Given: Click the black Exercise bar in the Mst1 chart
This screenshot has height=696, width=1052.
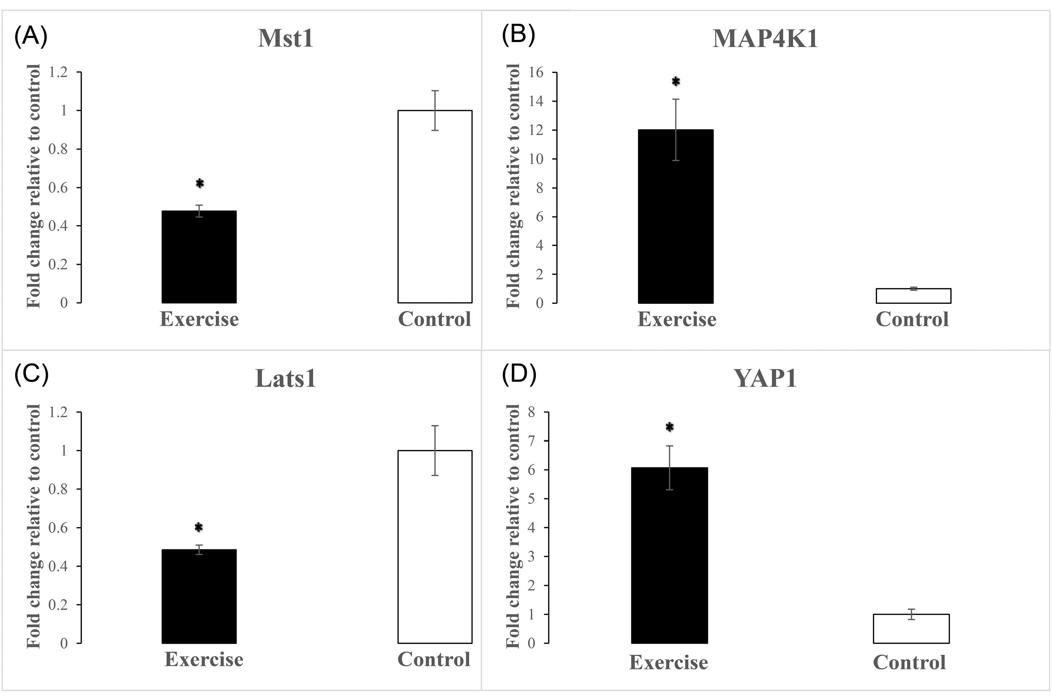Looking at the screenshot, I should click(x=199, y=257).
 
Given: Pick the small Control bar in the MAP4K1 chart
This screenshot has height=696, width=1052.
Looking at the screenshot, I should click(x=913, y=296).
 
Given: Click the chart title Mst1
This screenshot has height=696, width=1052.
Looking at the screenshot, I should click(x=286, y=39).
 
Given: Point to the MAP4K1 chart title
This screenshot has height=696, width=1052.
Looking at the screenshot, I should click(x=765, y=39).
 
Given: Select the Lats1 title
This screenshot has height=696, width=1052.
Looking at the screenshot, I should click(x=286, y=379).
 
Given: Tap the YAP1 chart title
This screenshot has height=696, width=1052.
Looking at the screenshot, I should click(x=765, y=379).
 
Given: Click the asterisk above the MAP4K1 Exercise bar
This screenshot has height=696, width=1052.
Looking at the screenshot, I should click(x=676, y=82).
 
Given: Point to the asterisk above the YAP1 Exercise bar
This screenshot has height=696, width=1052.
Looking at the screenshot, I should click(x=670, y=428).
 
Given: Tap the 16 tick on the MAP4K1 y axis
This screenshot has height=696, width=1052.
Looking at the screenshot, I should click(x=537, y=72).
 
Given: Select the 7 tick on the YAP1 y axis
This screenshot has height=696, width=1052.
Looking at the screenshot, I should click(x=532, y=441).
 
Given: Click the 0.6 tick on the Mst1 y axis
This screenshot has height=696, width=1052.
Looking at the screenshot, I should click(x=58, y=187).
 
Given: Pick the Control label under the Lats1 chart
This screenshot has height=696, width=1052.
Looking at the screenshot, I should click(x=434, y=659).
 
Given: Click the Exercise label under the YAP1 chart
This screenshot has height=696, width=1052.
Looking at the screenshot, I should click(x=668, y=662).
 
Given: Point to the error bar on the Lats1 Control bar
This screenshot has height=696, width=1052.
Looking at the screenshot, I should click(x=435, y=450).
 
